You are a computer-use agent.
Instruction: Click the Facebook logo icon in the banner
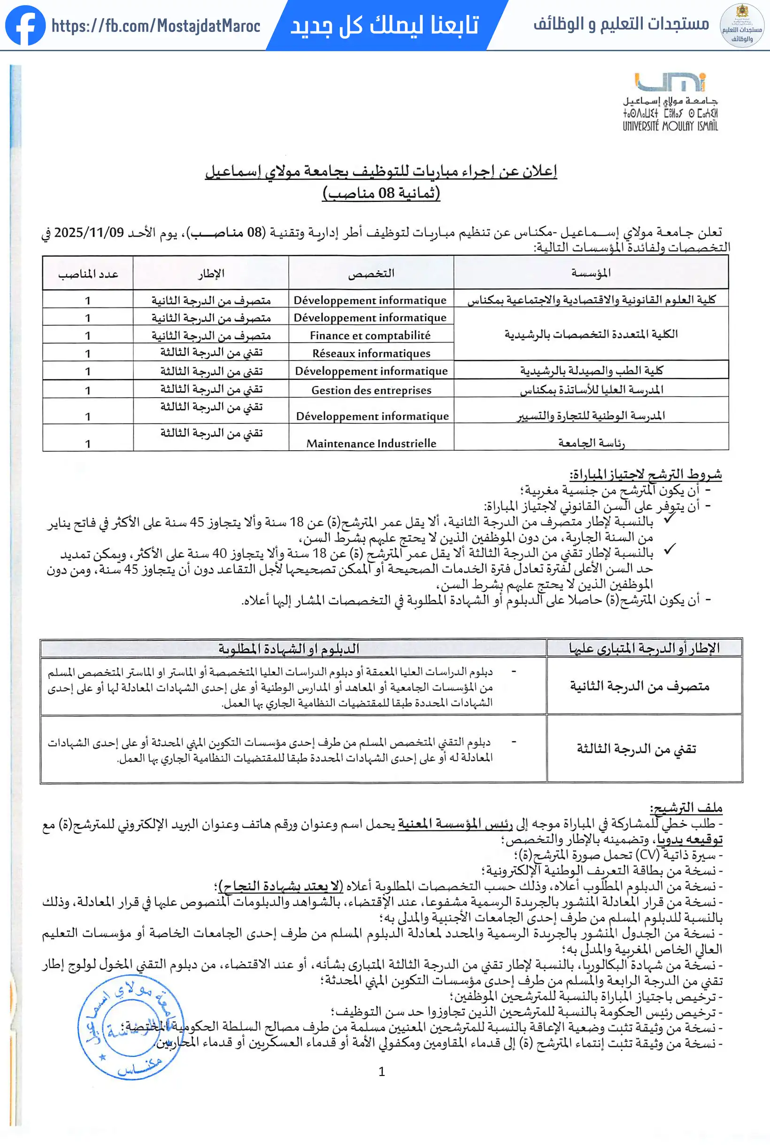point(25,25)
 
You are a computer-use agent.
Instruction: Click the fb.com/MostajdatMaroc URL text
point(156,25)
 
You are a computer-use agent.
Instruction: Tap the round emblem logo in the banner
point(741,25)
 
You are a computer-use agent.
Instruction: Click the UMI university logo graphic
point(670,83)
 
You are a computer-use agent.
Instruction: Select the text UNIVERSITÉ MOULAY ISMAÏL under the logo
point(670,126)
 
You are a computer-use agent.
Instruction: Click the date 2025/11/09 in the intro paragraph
point(89,232)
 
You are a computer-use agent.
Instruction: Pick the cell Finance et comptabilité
point(370,335)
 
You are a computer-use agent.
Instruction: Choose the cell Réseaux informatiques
point(371,353)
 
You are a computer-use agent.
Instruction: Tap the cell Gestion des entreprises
point(371,390)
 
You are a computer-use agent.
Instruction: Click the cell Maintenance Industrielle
point(371,443)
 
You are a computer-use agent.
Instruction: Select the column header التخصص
point(371,273)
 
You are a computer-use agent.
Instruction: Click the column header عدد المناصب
point(88,274)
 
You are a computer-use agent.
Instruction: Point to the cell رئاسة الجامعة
point(591,443)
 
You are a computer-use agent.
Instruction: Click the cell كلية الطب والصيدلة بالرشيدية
point(591,370)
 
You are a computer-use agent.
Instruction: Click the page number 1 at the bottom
point(382,1071)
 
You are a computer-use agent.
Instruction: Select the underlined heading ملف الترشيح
point(685,807)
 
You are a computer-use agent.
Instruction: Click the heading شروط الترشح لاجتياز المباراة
point(645,474)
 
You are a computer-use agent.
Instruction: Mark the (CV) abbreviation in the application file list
point(647,855)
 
